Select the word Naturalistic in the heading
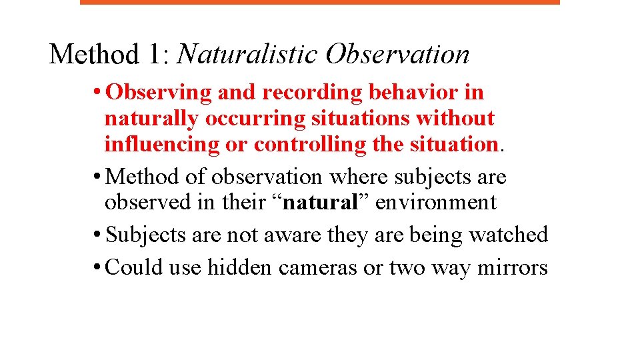click(247, 54)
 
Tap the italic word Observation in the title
click(397, 54)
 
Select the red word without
click(455, 119)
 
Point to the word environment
click(436, 202)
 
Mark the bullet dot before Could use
click(98, 267)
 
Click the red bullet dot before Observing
click(98, 93)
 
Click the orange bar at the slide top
click(320, 2)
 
